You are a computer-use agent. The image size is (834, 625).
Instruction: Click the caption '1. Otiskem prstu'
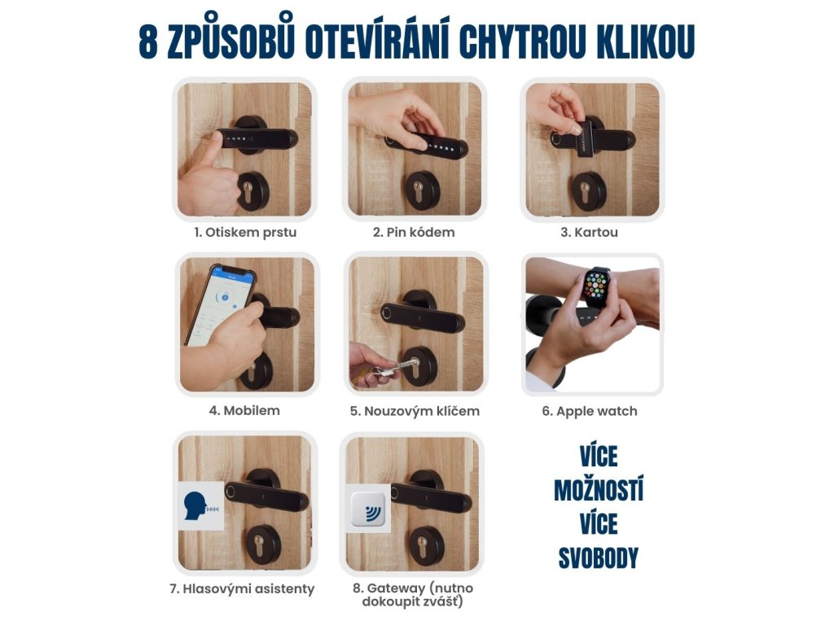(x=245, y=232)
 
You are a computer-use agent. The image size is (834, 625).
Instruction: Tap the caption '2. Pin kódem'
(x=414, y=232)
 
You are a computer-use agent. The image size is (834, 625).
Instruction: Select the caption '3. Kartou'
(x=589, y=232)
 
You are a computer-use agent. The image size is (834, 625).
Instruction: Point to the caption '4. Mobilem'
(x=244, y=410)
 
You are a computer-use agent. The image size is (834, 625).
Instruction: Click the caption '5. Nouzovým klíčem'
(x=415, y=411)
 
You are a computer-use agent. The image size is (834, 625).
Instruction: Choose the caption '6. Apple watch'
(x=590, y=411)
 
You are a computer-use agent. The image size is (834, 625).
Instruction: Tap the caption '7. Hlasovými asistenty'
(x=242, y=589)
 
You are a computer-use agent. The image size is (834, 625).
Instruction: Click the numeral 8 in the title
(x=148, y=41)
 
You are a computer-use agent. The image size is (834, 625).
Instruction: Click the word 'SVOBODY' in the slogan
(x=598, y=558)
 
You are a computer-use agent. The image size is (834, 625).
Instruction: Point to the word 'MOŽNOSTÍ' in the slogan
(x=599, y=489)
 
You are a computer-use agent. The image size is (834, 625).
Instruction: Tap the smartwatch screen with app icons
(x=598, y=288)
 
